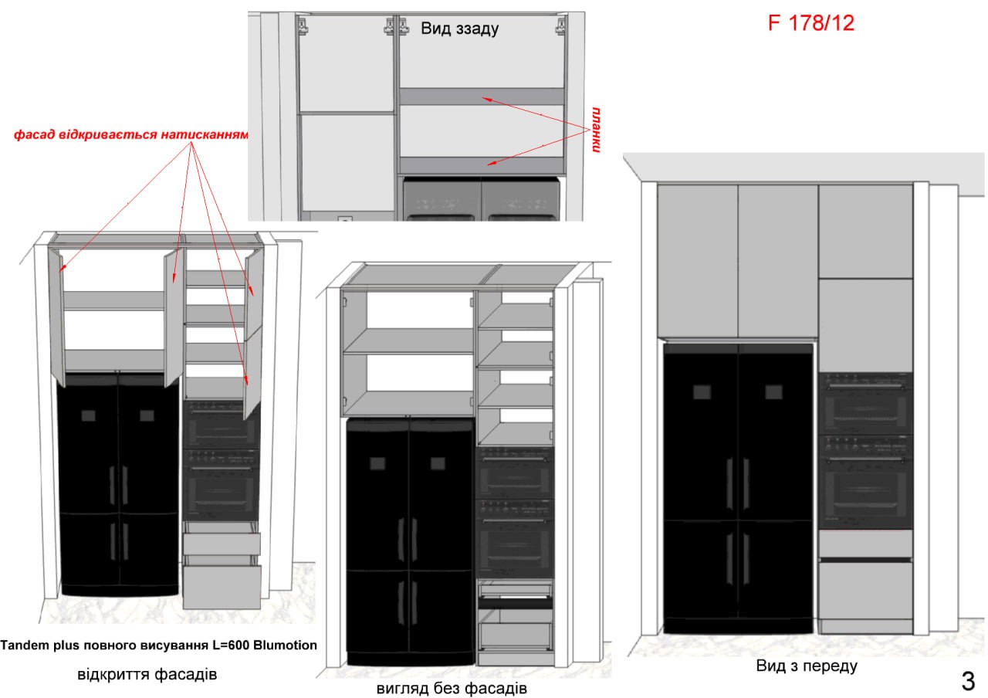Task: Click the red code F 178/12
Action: (x=810, y=23)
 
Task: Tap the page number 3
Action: (x=968, y=681)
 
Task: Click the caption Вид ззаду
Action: (x=459, y=29)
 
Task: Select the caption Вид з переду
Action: (x=807, y=666)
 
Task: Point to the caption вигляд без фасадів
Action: (x=452, y=688)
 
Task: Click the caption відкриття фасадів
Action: (x=147, y=674)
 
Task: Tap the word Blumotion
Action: (x=285, y=645)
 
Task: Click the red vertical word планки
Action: (x=596, y=129)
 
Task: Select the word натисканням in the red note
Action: (x=205, y=134)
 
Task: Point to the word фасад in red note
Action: (x=29, y=134)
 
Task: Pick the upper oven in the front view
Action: (x=865, y=403)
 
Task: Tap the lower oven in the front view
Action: (x=865, y=482)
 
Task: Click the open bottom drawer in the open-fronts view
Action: (x=222, y=588)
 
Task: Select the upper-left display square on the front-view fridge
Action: (x=702, y=391)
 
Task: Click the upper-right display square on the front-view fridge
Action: (x=773, y=391)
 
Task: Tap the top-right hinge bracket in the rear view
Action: (x=560, y=25)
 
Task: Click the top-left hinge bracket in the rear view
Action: (x=303, y=25)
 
